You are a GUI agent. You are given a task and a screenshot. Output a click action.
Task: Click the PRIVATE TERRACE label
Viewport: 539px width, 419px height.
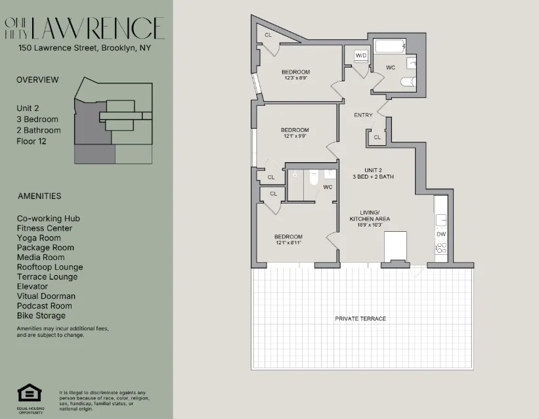click(x=360, y=319)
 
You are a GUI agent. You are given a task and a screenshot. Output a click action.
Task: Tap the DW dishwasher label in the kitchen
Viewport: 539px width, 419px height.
click(x=441, y=234)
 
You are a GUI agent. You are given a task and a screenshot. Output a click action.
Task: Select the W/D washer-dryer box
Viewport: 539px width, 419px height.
click(x=361, y=56)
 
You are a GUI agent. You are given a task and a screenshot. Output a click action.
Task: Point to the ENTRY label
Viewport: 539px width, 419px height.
click(x=363, y=115)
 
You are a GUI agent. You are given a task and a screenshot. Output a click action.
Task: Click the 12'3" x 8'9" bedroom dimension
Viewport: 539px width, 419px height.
click(x=295, y=78)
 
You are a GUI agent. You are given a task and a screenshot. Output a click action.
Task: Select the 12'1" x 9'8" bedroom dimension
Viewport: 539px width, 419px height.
click(x=295, y=136)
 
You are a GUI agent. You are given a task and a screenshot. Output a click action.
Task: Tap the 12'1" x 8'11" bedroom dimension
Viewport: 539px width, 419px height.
click(x=288, y=243)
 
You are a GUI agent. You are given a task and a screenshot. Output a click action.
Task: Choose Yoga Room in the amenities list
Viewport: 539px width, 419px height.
click(x=39, y=238)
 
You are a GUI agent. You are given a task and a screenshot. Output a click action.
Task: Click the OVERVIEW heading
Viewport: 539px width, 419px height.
click(x=37, y=79)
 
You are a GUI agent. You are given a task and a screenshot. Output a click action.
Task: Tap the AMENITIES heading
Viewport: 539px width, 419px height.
click(x=39, y=196)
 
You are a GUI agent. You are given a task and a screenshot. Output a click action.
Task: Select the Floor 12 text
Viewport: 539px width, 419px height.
click(x=32, y=141)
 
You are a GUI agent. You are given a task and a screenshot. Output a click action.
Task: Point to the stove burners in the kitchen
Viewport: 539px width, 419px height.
click(x=442, y=248)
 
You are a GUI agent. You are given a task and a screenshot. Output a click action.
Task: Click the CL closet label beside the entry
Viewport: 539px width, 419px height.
click(x=377, y=138)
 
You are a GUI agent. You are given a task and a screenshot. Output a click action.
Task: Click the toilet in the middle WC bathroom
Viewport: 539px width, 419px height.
click(x=313, y=177)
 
